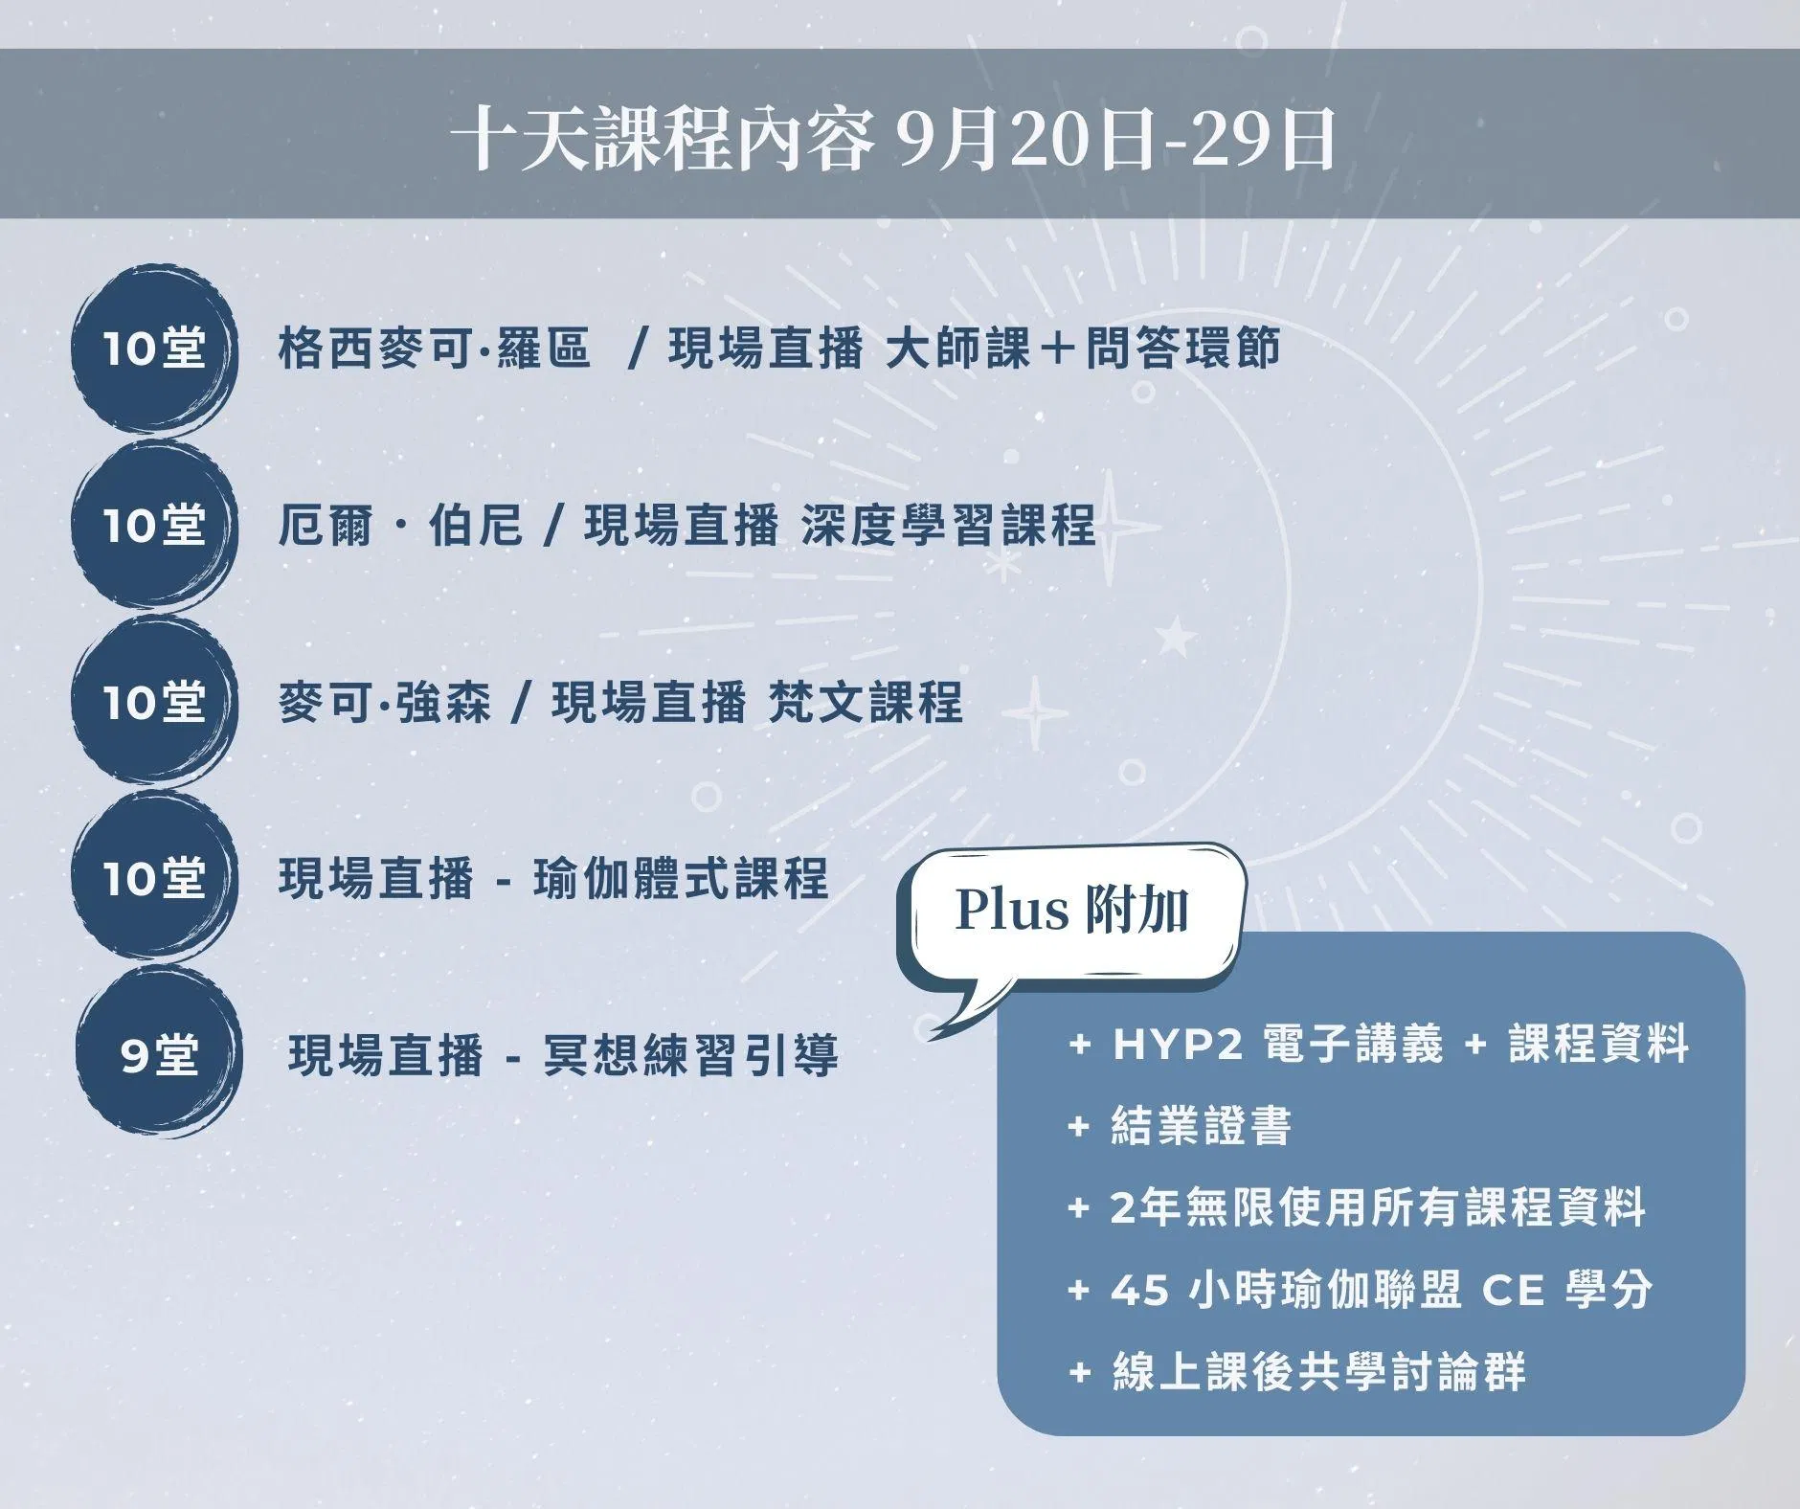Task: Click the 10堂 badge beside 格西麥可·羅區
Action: tap(154, 347)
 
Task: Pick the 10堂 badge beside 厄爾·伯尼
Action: tap(154, 525)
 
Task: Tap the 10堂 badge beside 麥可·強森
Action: tap(154, 702)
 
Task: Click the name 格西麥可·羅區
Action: tap(435, 349)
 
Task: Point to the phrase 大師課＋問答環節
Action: tap(1083, 349)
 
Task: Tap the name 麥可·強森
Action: tap(385, 703)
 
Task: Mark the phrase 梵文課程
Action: tap(866, 703)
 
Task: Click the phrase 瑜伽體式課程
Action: tap(681, 878)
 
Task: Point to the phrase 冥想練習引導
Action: tap(690, 1055)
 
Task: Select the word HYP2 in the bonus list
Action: tap(1178, 1044)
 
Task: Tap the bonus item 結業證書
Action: tap(1202, 1126)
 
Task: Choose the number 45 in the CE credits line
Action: tap(1140, 1291)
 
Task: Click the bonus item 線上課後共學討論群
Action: tap(1318, 1372)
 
